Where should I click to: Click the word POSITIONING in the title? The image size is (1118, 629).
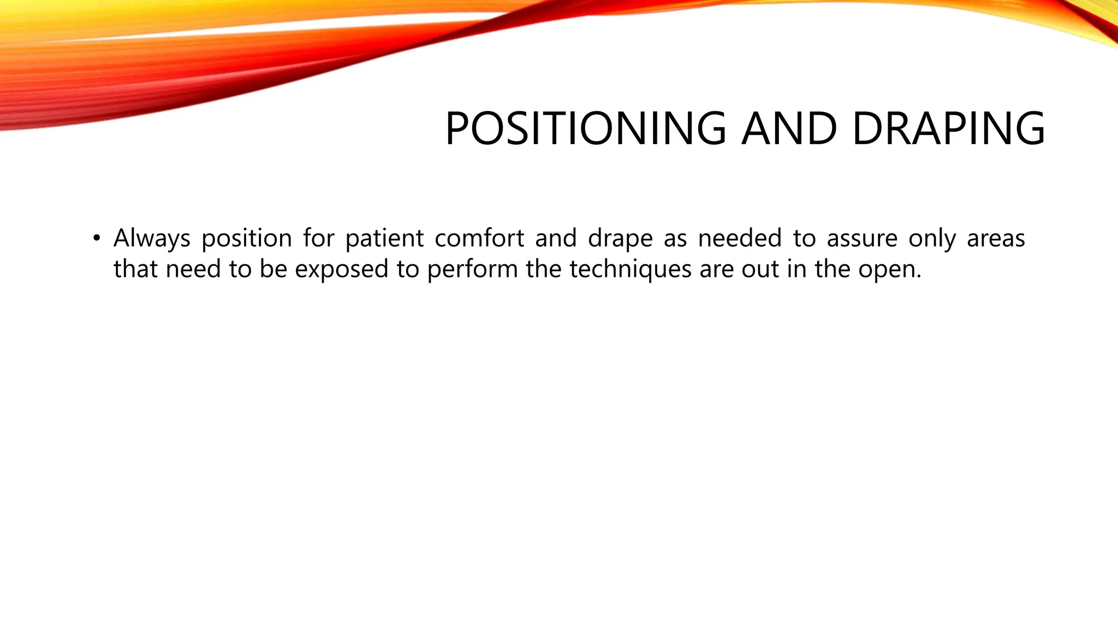[x=585, y=129]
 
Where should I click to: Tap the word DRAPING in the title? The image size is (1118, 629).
[x=948, y=129]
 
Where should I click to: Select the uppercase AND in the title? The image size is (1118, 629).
[x=788, y=129]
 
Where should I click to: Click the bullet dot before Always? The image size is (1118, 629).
[x=97, y=238]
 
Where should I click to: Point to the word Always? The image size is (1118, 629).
[x=152, y=239]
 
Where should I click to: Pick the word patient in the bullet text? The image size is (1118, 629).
[x=384, y=239]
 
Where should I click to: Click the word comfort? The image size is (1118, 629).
[x=479, y=239]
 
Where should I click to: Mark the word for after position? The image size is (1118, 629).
[x=318, y=239]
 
